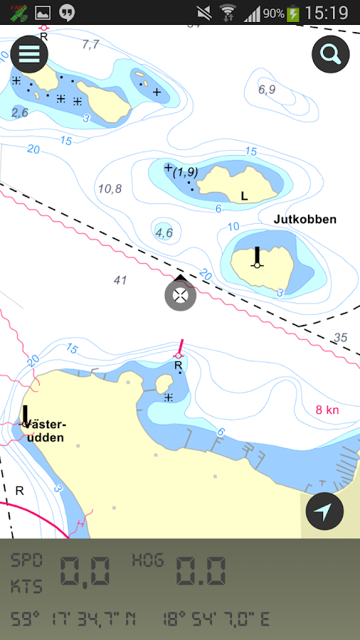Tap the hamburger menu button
coord(29,54)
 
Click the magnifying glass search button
coord(331,54)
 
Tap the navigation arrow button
coord(324,511)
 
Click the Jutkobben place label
coord(305,219)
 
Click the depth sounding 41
coord(120,280)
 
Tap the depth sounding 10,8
coord(110,188)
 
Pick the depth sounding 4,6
coord(164,232)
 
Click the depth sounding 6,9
coord(267,90)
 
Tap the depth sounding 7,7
coord(90,44)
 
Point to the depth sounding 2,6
coord(19,112)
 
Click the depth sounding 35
coord(340,337)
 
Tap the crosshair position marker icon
coord(181,295)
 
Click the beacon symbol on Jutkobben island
coord(257,257)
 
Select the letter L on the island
coord(244,196)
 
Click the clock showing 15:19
coord(326,13)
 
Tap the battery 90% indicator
coord(282,13)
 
